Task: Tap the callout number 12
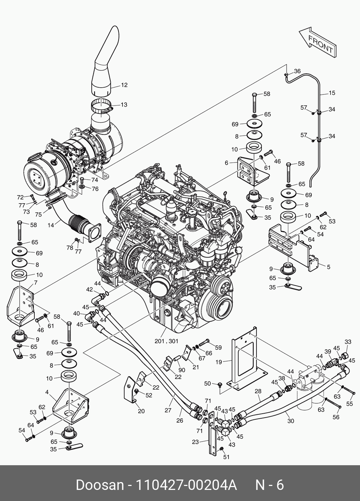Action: (124, 85)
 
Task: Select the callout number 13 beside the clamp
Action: (124, 104)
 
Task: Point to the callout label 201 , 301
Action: (166, 341)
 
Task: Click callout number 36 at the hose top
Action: (297, 71)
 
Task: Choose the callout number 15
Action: (332, 93)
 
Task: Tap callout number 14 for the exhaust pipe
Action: (51, 225)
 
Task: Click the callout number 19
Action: (219, 362)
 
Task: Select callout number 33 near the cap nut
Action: (348, 342)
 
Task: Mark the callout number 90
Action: (182, 370)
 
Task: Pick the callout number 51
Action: (226, 457)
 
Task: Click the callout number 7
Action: (36, 283)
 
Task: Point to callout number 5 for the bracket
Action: (328, 267)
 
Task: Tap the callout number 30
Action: (291, 421)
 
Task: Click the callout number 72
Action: (20, 197)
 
